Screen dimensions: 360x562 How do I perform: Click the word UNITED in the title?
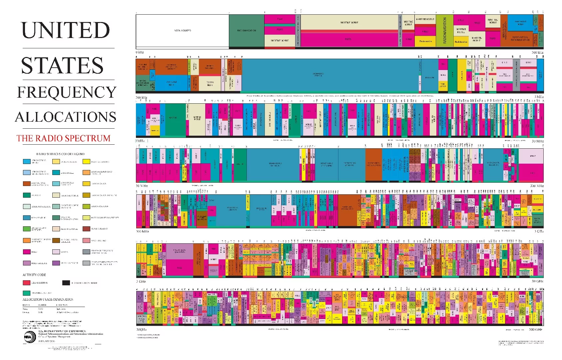coord(65,30)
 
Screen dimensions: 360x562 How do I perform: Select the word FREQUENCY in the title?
coord(67,92)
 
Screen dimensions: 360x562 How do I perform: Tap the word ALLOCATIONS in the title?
coord(66,117)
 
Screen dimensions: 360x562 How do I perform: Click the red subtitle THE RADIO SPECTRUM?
coord(63,138)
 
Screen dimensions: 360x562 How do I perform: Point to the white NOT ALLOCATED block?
coord(182,31)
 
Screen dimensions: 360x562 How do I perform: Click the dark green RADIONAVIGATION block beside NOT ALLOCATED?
coord(247,31)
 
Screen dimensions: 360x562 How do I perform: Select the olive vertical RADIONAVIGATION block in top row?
coord(444,31)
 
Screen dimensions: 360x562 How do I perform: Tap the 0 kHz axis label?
coord(140,52)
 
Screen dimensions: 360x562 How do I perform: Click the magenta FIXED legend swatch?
coord(27,252)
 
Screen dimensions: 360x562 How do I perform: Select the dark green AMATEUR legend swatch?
coord(27,195)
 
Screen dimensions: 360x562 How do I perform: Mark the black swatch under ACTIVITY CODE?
coord(66,283)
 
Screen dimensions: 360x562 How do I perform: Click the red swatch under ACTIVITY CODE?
coord(27,283)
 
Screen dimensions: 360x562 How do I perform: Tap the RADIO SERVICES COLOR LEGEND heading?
coord(60,154)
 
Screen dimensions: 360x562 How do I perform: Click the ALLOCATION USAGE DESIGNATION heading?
coord(48,299)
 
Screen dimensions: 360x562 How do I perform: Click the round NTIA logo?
coord(29,337)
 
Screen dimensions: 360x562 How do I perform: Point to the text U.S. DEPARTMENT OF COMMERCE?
coord(62,331)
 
